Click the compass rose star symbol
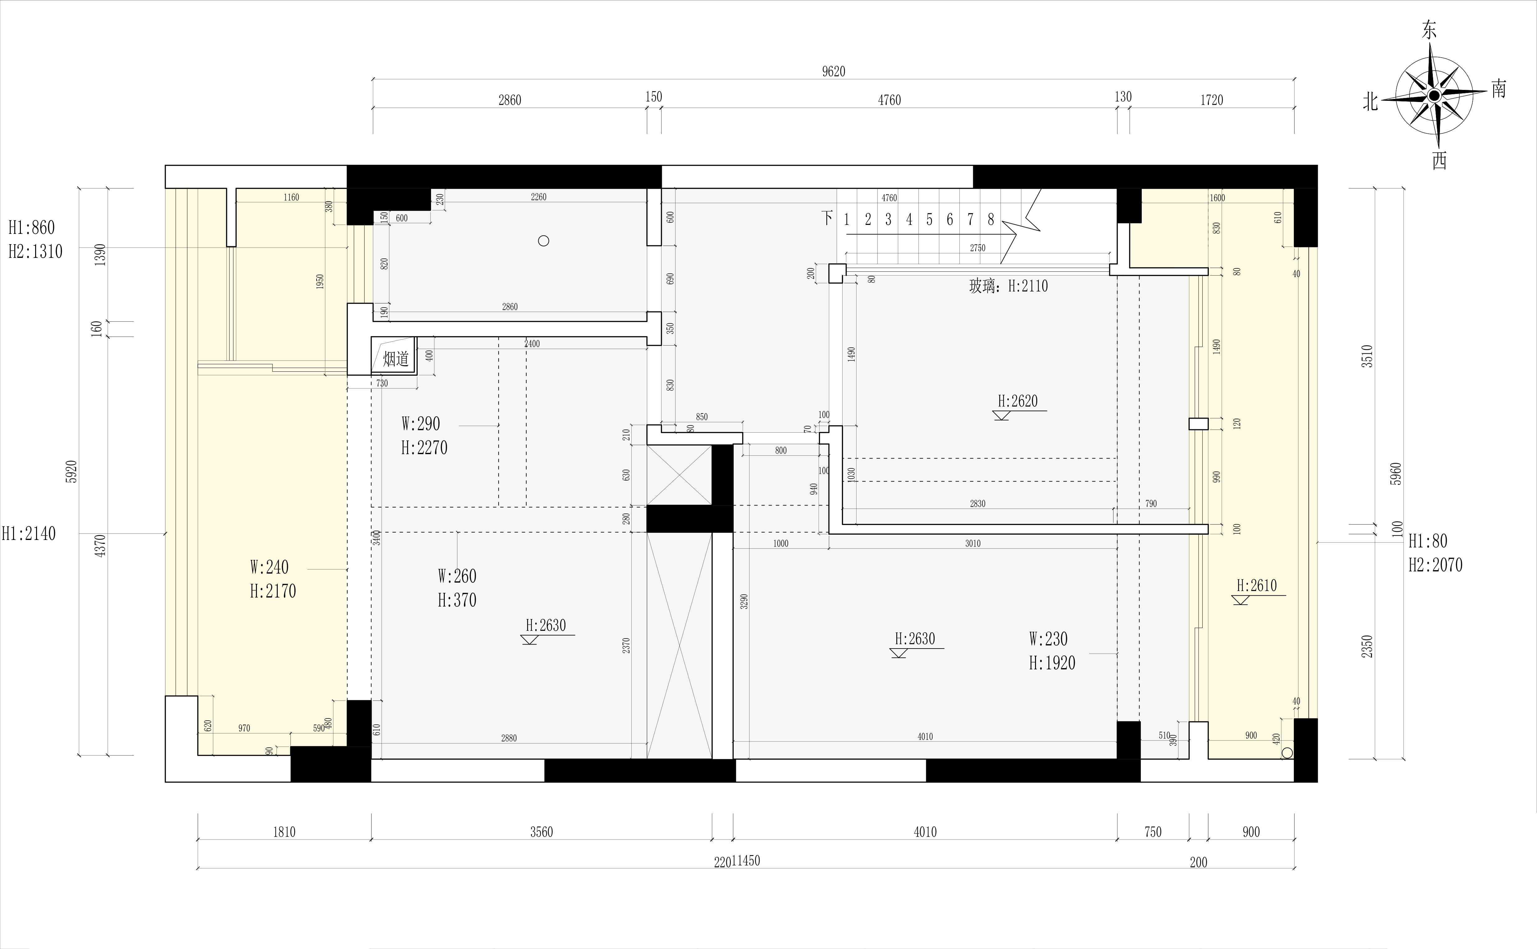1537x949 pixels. tap(1434, 95)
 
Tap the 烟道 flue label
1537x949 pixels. tap(396, 359)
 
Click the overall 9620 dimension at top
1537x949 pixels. tap(834, 72)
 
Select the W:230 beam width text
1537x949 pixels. tap(1048, 639)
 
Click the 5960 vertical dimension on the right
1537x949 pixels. tap(1395, 474)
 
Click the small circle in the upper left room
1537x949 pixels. tap(544, 240)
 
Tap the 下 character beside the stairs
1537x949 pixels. tap(828, 218)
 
